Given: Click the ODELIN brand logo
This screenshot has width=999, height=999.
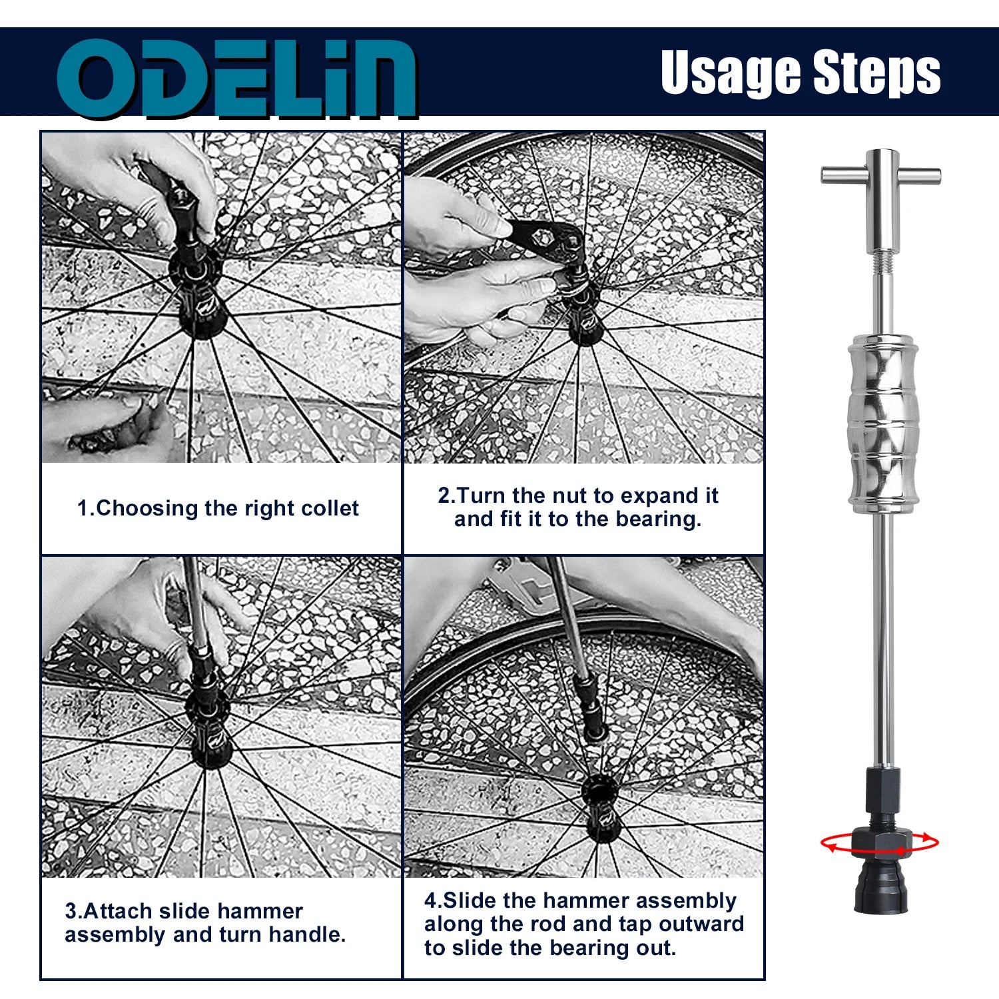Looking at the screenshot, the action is coord(236,79).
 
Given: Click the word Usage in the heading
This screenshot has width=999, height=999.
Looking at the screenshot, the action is coord(731,73).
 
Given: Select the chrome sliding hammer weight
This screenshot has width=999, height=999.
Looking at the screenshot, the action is coord(884,424).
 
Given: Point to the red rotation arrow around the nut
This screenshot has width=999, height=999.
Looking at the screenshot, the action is coord(879,843).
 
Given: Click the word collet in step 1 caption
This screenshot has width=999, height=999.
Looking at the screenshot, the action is coord(330,508).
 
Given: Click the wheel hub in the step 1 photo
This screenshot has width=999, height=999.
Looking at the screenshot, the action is coord(198,293).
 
